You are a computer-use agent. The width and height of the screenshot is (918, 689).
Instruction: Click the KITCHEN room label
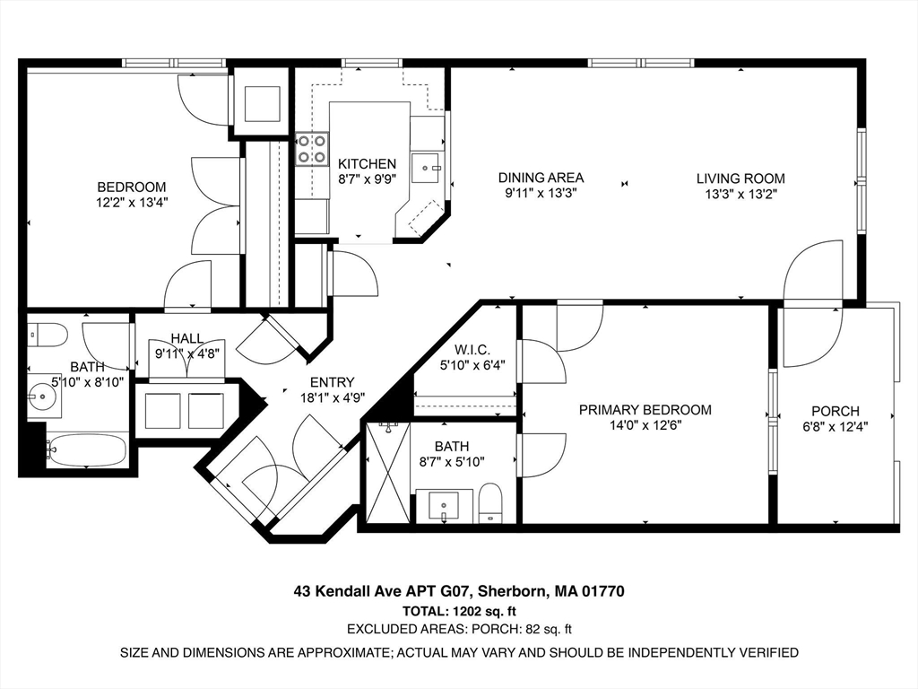[367, 164]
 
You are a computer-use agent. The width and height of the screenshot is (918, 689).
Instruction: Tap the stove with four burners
[310, 148]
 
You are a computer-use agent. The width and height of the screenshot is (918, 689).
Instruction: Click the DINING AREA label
[541, 178]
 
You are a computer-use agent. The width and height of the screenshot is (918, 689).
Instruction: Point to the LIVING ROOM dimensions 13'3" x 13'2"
[740, 193]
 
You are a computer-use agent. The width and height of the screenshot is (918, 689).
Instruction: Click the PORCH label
[835, 412]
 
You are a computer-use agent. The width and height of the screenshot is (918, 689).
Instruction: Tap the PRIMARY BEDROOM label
[645, 410]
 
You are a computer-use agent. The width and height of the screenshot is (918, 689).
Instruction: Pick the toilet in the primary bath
[490, 503]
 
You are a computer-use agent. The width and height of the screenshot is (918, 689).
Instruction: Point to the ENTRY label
[332, 382]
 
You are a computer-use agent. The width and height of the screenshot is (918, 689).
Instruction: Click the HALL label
[187, 338]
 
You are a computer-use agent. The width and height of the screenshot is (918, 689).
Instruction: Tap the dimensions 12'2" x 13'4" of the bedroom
[132, 202]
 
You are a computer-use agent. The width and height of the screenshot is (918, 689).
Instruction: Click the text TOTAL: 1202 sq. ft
[458, 611]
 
